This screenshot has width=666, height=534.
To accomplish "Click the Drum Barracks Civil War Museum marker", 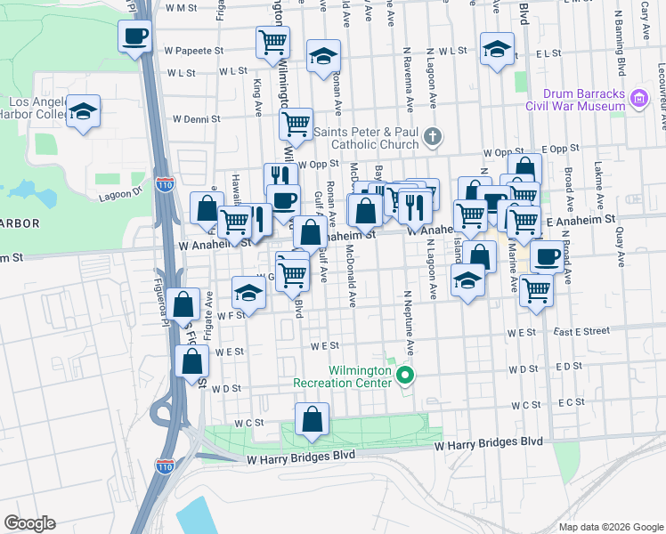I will [638, 97].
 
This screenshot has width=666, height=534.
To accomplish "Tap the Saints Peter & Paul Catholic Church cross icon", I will [432, 136].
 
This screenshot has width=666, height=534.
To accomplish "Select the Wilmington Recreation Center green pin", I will [406, 375].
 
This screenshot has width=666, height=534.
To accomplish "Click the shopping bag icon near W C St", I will [313, 419].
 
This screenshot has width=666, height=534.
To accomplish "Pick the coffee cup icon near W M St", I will [134, 36].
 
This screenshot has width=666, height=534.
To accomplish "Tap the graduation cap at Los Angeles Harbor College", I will [84, 111].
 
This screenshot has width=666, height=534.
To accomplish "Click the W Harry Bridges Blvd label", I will [488, 442].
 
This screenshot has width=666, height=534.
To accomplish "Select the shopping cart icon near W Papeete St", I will [272, 41].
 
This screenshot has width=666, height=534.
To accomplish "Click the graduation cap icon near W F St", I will [248, 292].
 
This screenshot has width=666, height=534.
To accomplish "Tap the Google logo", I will [29, 523].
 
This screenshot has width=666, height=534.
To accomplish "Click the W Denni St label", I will [196, 118].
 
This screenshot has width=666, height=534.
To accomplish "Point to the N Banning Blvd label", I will [623, 57].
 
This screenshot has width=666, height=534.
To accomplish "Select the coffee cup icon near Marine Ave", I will [547, 256].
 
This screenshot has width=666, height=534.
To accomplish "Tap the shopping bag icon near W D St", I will [192, 361].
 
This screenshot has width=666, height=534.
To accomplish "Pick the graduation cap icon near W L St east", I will [496, 49].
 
